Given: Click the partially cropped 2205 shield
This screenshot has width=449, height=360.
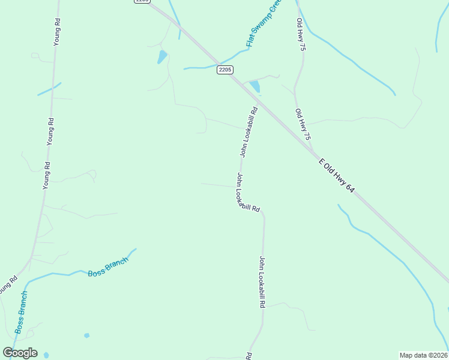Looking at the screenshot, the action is point(142,2).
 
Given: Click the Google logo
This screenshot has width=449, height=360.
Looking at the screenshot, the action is point(20,353).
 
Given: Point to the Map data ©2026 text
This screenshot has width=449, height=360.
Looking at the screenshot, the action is point(423,355).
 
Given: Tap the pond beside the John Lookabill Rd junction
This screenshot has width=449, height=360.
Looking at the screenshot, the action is point(255,86).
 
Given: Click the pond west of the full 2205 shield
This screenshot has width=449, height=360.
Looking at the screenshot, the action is point(162,57).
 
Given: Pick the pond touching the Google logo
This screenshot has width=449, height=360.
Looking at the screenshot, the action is point(46,355).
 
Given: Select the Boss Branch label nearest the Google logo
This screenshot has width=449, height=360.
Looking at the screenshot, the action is point(21,313).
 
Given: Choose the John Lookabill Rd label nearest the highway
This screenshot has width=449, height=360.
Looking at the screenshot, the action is point(249,132).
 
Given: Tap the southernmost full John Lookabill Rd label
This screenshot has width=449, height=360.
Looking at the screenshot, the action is point(262,281).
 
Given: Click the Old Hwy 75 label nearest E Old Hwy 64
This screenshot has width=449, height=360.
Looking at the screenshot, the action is point(303,125).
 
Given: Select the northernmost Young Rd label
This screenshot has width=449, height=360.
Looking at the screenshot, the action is point(58,32).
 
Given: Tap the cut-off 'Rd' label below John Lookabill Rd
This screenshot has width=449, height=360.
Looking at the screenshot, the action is point(248,356).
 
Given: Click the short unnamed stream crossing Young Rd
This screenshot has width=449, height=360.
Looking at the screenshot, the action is point(49,89).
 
